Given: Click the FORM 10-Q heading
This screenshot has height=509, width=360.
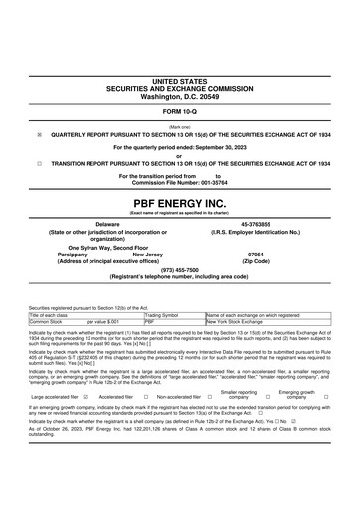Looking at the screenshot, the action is click(179, 111).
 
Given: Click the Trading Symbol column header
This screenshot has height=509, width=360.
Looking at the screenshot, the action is click(161, 315).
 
